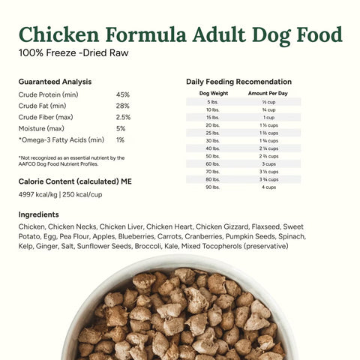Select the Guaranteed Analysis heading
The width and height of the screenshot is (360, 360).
coord(55,81)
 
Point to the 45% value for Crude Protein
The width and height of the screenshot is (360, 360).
coord(122,94)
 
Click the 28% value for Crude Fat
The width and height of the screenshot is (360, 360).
coord(122,106)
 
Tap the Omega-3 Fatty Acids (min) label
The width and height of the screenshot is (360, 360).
coord(61,139)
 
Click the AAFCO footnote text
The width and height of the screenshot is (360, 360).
coord(70,160)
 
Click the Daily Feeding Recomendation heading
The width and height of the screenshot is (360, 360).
coord(238,81)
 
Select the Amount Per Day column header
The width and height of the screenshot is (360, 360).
coord(268,93)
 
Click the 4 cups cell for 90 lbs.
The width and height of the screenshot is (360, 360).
coord(268,187)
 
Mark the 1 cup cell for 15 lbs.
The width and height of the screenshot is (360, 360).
coord(268,117)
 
